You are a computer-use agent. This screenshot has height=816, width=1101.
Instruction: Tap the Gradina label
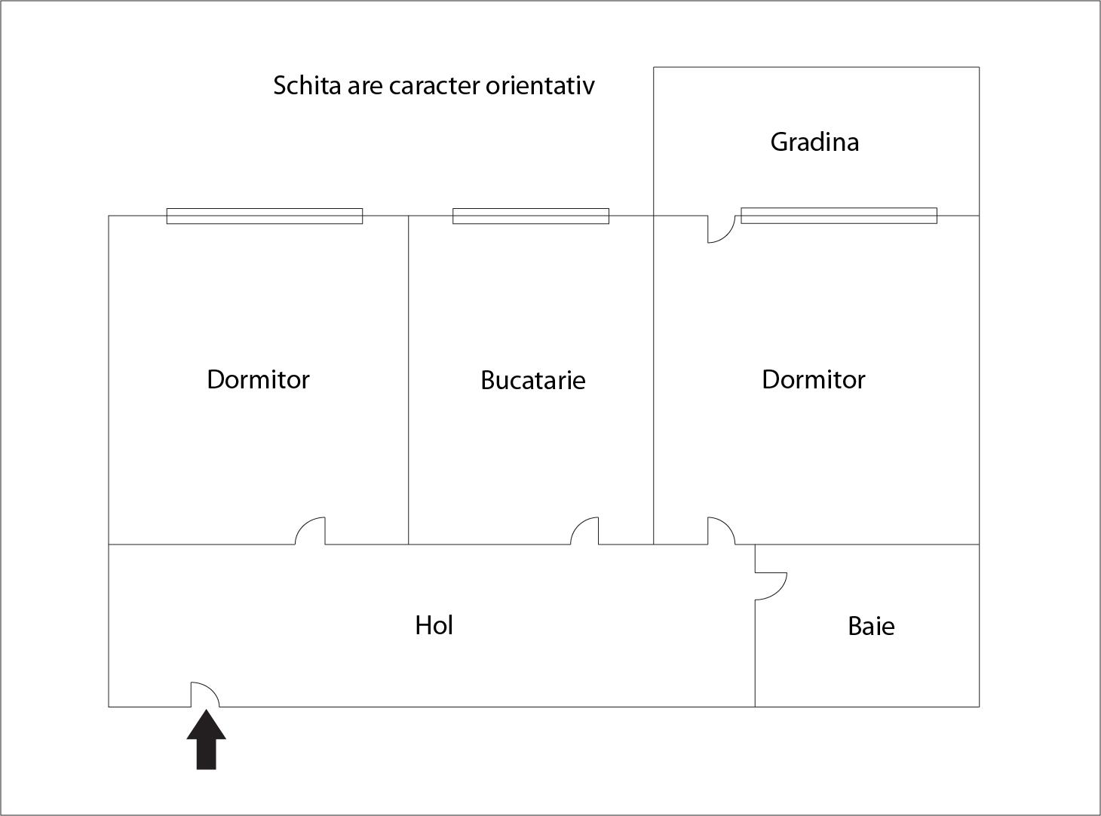tap(814, 142)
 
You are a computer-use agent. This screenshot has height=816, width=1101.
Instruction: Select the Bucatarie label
tap(533, 380)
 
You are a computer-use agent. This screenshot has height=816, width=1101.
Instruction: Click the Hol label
tap(434, 625)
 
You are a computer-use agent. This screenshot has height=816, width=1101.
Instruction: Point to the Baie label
tap(871, 626)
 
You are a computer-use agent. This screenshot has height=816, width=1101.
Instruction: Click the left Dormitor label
tap(258, 380)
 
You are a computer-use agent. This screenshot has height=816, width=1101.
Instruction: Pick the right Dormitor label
tap(814, 380)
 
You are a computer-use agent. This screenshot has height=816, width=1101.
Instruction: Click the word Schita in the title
tap(307, 85)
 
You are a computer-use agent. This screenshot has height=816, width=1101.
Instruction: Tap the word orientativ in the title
tap(540, 85)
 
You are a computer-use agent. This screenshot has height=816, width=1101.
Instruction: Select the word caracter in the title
tap(435, 86)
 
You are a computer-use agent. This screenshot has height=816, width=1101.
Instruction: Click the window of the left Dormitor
tap(265, 216)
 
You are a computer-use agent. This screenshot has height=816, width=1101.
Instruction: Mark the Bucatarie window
tap(531, 216)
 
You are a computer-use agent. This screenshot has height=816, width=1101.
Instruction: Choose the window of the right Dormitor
tap(839, 216)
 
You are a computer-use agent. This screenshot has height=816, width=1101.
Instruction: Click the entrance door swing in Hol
tap(205, 695)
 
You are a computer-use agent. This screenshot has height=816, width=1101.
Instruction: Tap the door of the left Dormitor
tap(310, 531)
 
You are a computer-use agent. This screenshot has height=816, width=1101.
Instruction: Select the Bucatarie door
tap(584, 531)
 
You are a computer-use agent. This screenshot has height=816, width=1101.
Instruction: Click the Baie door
tap(771, 586)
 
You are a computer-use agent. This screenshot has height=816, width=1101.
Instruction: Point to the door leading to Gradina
tap(721, 229)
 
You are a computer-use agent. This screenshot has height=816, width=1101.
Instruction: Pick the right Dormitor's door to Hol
tap(721, 531)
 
